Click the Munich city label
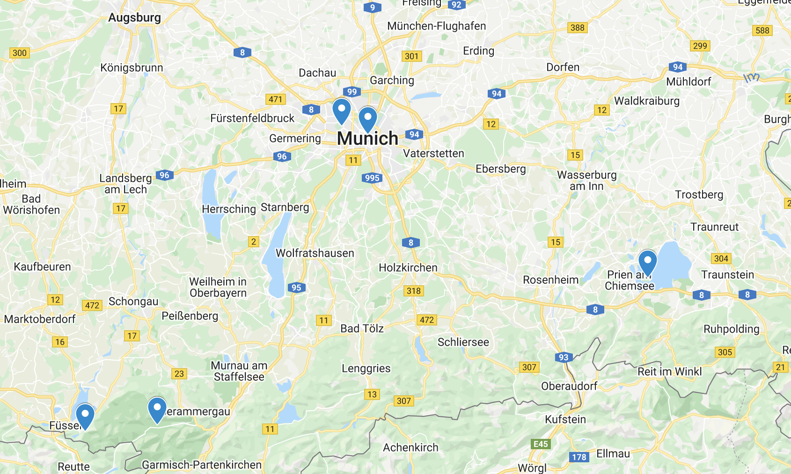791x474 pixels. point(367,139)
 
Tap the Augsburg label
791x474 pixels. point(134,18)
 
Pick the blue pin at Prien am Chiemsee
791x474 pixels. point(647,261)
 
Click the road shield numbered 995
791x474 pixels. point(372,178)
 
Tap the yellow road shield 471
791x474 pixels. point(276,99)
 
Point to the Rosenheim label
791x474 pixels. point(550,280)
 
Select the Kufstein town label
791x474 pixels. point(565,419)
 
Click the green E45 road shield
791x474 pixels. point(541,444)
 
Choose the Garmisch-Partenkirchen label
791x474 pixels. point(202,465)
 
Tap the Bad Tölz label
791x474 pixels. point(362,328)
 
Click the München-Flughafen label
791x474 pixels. point(436,26)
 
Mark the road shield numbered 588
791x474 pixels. point(762,30)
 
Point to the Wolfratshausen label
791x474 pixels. point(315,253)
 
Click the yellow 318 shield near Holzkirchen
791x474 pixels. point(413,291)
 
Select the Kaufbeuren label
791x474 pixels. point(42,267)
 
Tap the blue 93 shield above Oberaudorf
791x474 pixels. point(564,357)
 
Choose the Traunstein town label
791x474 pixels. point(727,275)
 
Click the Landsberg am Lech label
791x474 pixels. point(125,184)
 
